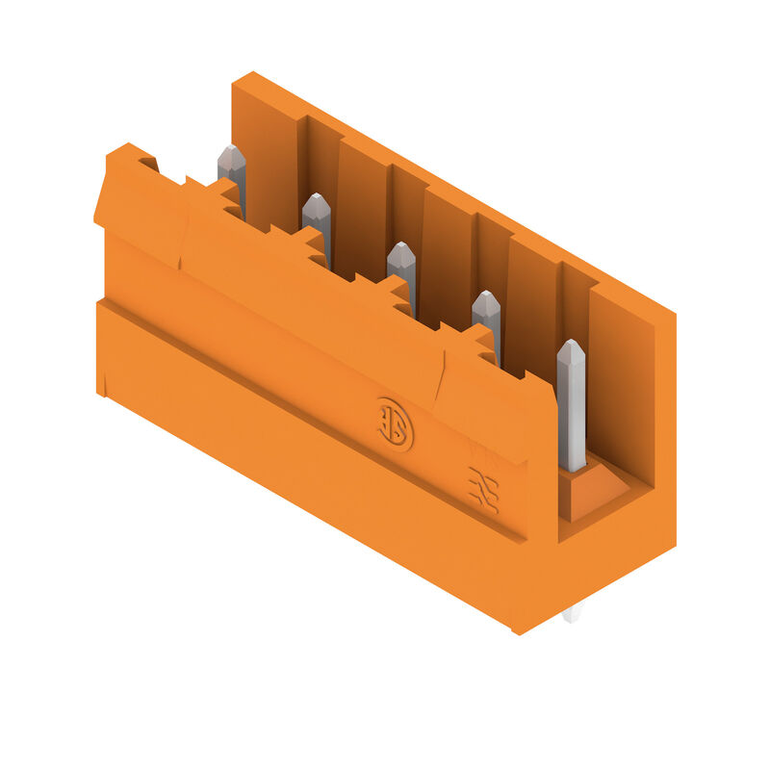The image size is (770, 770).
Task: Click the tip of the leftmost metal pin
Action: (231, 154)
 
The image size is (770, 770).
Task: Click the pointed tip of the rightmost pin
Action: (571, 346)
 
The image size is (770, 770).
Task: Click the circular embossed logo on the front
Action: (395, 423)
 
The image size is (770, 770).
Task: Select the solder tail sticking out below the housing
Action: (572, 613)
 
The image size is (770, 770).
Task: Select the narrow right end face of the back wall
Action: (664, 423)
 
